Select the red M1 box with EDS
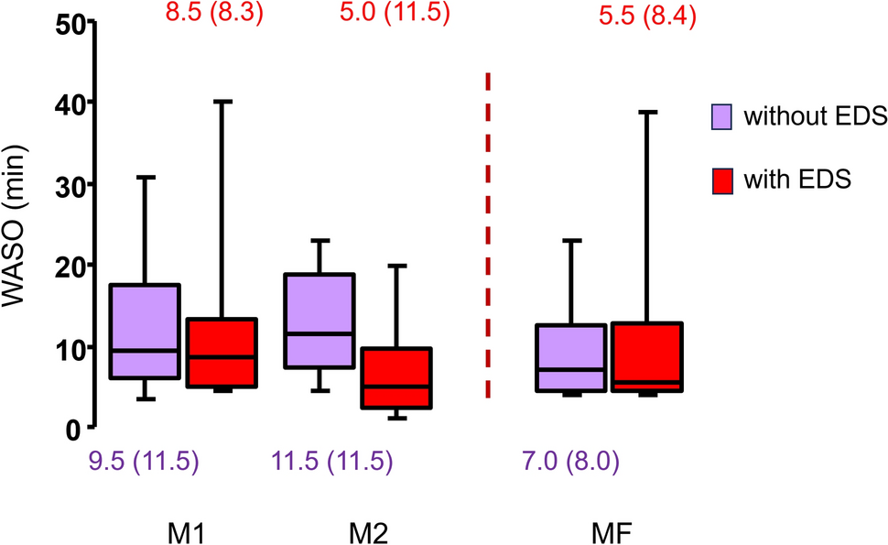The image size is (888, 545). point(222,353)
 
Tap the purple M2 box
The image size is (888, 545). point(320,321)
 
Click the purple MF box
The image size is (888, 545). point(571,357)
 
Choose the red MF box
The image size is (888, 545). point(647,356)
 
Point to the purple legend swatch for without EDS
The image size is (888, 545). point(721,116)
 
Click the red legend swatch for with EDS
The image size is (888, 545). point(721,180)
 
